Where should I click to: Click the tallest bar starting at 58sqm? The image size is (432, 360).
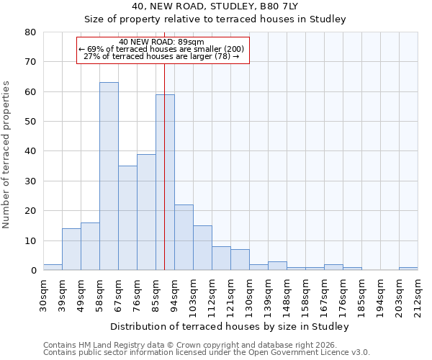tap(109, 176)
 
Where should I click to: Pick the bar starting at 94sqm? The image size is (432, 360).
tap(184, 238)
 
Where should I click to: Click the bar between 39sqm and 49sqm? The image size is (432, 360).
tap(71, 249)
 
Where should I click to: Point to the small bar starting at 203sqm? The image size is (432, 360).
tap(408, 269)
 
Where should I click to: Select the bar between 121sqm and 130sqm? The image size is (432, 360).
tap(240, 260)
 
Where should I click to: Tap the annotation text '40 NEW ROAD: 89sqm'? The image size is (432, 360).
tap(162, 42)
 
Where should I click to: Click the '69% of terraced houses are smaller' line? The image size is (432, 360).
tap(162, 49)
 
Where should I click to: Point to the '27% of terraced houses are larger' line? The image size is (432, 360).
tap(162, 56)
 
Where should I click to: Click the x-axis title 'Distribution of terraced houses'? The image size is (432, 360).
tap(230, 327)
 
